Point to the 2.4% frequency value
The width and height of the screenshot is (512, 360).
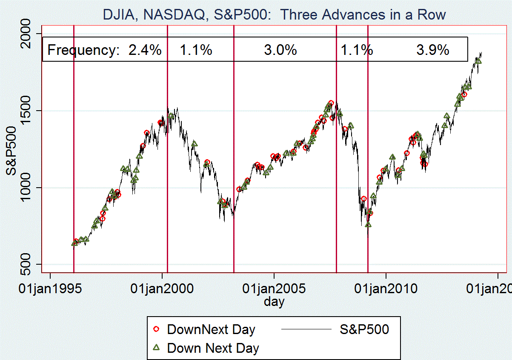(x=145, y=50)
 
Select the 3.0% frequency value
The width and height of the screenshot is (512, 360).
(x=280, y=50)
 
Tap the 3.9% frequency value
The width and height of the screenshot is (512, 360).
(x=433, y=50)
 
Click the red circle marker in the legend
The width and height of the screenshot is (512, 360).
(x=156, y=329)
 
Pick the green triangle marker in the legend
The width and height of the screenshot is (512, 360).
(x=156, y=348)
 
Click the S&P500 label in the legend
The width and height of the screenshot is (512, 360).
(x=364, y=329)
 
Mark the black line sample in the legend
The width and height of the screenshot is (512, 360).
(x=306, y=329)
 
